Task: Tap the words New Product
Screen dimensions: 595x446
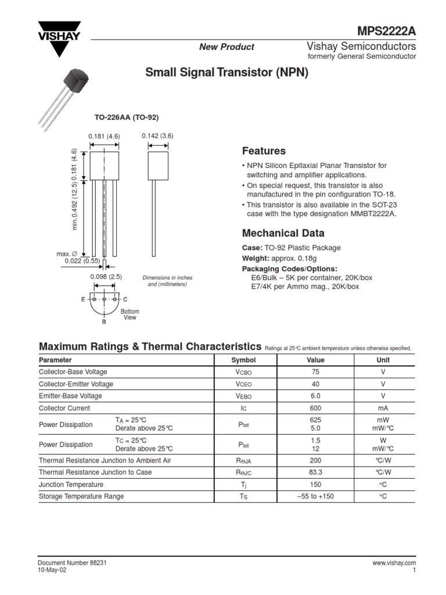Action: [226, 47]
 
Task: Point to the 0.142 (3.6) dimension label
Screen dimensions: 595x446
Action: [157, 136]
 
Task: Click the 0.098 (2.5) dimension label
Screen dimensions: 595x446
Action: [106, 277]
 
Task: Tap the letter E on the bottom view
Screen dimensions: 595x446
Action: [84, 299]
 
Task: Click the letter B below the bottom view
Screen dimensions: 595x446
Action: [104, 321]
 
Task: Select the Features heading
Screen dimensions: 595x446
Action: [264, 151]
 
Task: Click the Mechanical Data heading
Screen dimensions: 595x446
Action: [283, 234]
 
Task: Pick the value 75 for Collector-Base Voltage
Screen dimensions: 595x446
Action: [315, 372]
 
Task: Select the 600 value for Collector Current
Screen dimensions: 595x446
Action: [315, 408]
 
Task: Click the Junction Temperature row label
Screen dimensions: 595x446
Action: [71, 485]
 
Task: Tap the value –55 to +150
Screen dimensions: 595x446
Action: [315, 497]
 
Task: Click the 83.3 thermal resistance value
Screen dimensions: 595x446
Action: [315, 472]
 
